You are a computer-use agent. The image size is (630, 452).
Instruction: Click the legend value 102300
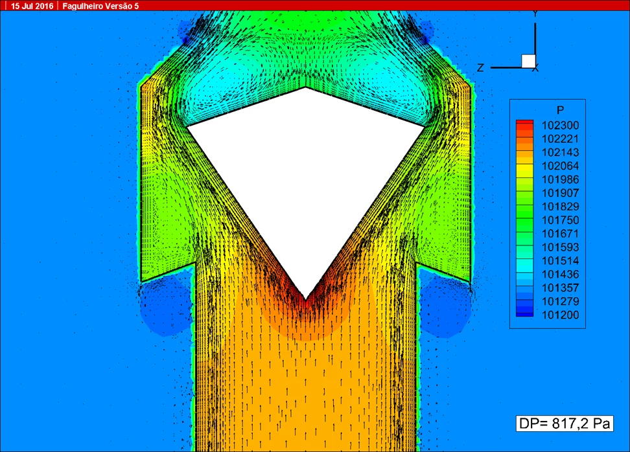(x=560, y=125)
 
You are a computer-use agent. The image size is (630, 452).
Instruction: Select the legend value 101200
(x=560, y=315)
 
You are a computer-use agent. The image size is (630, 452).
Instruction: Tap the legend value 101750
(x=560, y=220)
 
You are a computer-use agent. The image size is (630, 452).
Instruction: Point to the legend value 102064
(x=560, y=166)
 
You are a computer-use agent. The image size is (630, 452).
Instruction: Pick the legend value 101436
(x=560, y=274)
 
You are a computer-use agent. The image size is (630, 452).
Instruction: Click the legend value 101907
(x=560, y=193)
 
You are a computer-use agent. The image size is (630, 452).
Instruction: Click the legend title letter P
(x=561, y=109)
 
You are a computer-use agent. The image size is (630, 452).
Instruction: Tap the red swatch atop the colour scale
(x=525, y=124)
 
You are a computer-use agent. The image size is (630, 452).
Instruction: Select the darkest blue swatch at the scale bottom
(x=525, y=314)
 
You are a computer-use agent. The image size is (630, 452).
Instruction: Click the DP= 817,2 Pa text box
(x=565, y=424)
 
